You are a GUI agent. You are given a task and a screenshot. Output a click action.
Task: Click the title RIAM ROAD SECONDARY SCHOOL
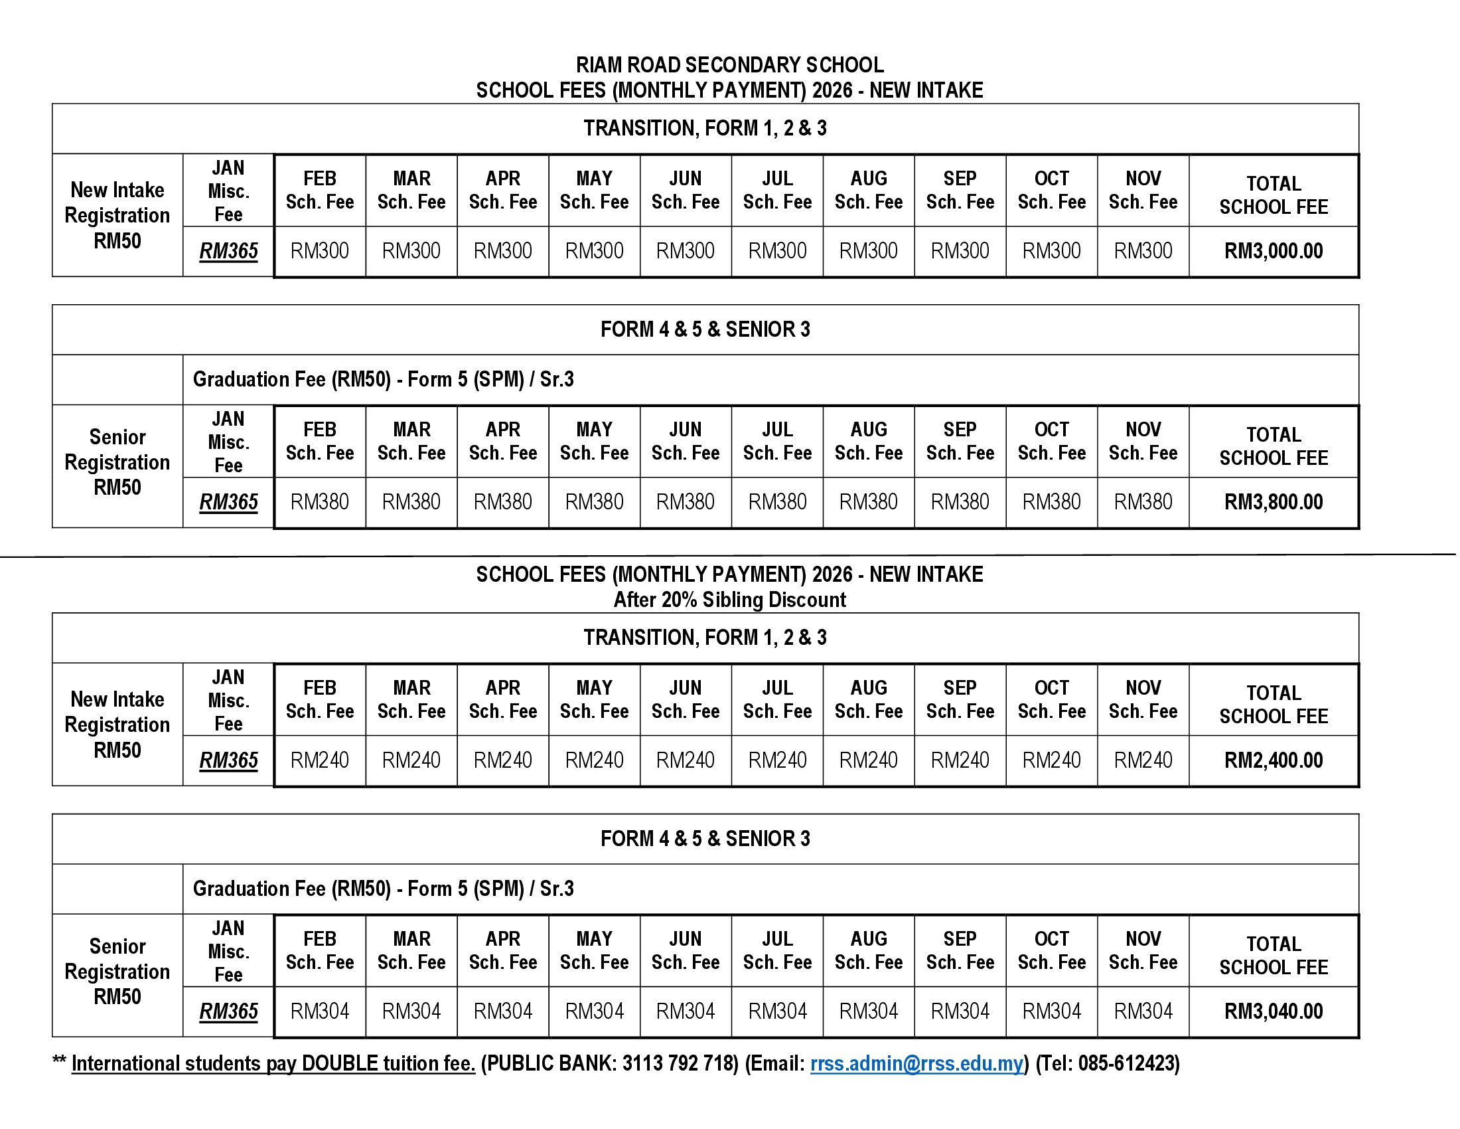(729, 65)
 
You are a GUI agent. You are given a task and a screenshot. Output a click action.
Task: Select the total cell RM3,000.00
(1273, 251)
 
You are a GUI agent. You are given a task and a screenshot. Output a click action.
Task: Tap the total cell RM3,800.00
(1273, 501)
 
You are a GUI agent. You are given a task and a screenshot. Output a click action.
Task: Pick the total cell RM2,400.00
(1273, 760)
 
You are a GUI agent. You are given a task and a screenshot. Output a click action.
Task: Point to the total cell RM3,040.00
(1273, 1011)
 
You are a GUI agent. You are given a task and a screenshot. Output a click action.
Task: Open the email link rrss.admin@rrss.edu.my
(916, 1063)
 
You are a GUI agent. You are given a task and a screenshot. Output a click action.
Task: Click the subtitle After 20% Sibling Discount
(729, 599)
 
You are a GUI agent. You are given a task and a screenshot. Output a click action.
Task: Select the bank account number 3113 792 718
(679, 1063)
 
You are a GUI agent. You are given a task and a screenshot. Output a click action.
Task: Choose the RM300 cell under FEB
(320, 251)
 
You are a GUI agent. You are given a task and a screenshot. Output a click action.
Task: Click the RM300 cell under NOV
(1143, 251)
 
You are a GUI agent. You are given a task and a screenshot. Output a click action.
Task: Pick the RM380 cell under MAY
(594, 501)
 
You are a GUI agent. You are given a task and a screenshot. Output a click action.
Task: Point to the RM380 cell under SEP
(960, 501)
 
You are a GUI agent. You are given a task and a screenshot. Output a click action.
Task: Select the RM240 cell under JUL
(777, 760)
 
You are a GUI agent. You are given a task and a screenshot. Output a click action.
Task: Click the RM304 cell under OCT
(1051, 1011)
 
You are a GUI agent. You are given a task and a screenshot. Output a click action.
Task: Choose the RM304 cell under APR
(503, 1011)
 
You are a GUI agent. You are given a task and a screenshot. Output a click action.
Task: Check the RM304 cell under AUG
(869, 1011)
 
